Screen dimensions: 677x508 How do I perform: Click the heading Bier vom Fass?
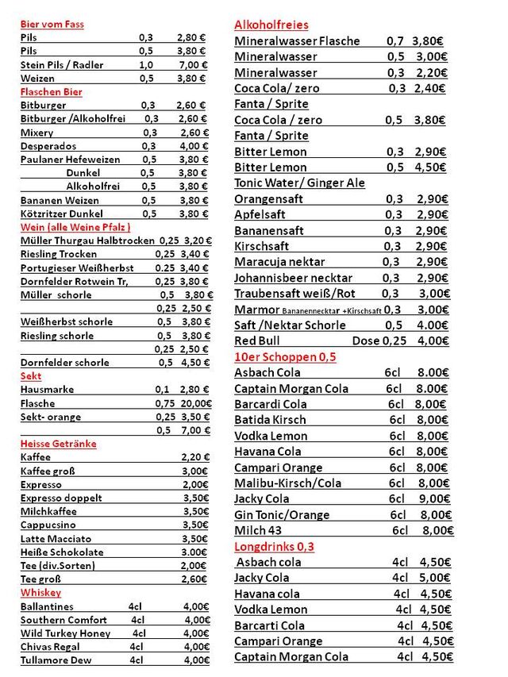52,24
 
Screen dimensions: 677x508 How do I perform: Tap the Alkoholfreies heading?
271,25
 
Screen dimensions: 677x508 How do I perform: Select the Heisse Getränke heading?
58,444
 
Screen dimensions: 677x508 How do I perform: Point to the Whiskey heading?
40,593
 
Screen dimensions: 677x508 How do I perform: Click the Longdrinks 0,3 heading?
274,547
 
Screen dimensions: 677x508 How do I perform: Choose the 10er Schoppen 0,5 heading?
285,356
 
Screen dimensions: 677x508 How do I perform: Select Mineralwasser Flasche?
297,41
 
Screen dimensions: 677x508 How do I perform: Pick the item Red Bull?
257,340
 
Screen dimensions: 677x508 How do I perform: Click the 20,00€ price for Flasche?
195,403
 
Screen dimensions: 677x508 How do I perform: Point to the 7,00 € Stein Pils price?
192,65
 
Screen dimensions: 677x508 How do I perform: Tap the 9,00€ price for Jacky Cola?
433,499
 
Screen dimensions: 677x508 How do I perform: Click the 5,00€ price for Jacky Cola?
434,578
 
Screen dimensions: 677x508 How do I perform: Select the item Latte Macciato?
56,539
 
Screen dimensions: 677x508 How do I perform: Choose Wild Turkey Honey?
65,633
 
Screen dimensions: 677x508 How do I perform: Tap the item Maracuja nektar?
279,262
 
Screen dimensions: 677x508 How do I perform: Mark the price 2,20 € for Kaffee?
195,457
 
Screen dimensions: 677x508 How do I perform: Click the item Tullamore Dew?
56,660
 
